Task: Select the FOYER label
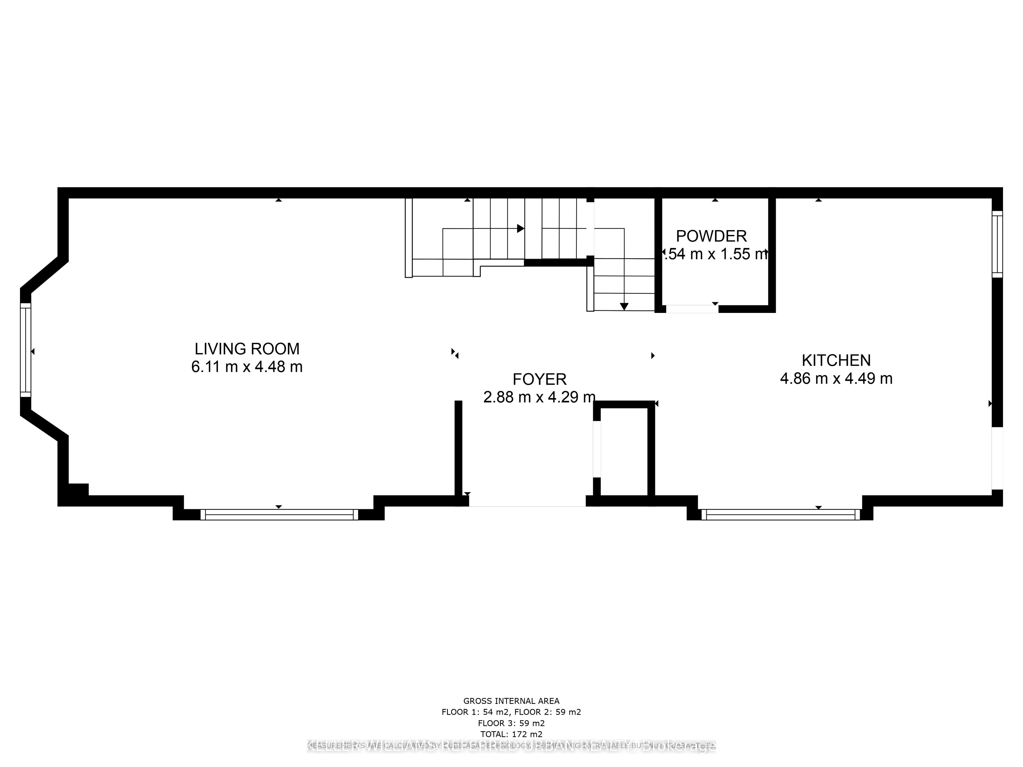[x=539, y=379]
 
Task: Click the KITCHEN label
[x=836, y=360]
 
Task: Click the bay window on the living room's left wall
[x=25, y=350]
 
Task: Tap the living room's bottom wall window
[x=279, y=515]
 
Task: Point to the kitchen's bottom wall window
[x=780, y=515]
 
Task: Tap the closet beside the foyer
[x=623, y=451]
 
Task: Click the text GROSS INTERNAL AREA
[x=511, y=701]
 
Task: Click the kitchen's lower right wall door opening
[x=997, y=458]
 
